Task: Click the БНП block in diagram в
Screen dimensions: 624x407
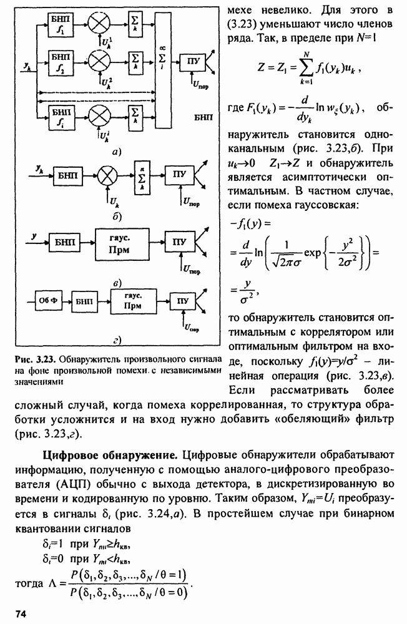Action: (59, 239)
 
